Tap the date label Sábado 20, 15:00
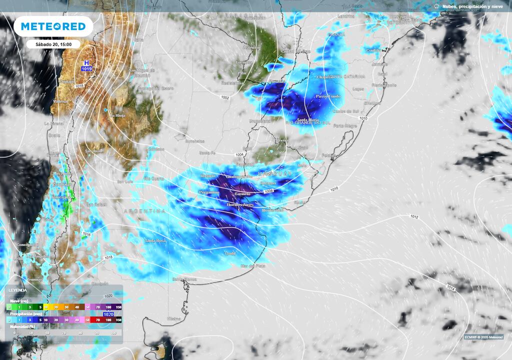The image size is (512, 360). (53, 44)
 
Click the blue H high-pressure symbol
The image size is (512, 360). (86, 63)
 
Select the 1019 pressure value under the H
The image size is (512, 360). (86, 69)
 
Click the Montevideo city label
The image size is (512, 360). (272, 210)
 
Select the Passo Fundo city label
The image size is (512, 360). (327, 96)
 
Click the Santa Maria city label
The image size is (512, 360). (308, 120)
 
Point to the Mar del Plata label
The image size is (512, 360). (252, 265)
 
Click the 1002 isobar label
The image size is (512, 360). (225, 97)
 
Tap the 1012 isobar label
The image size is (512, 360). (413, 216)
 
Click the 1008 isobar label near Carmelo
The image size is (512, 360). (268, 190)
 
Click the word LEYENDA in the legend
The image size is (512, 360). (18, 290)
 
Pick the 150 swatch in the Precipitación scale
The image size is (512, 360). (118, 319)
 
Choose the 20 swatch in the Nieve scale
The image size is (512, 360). (56, 306)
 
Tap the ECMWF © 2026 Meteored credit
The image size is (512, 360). (482, 336)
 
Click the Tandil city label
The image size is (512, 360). (230, 253)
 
